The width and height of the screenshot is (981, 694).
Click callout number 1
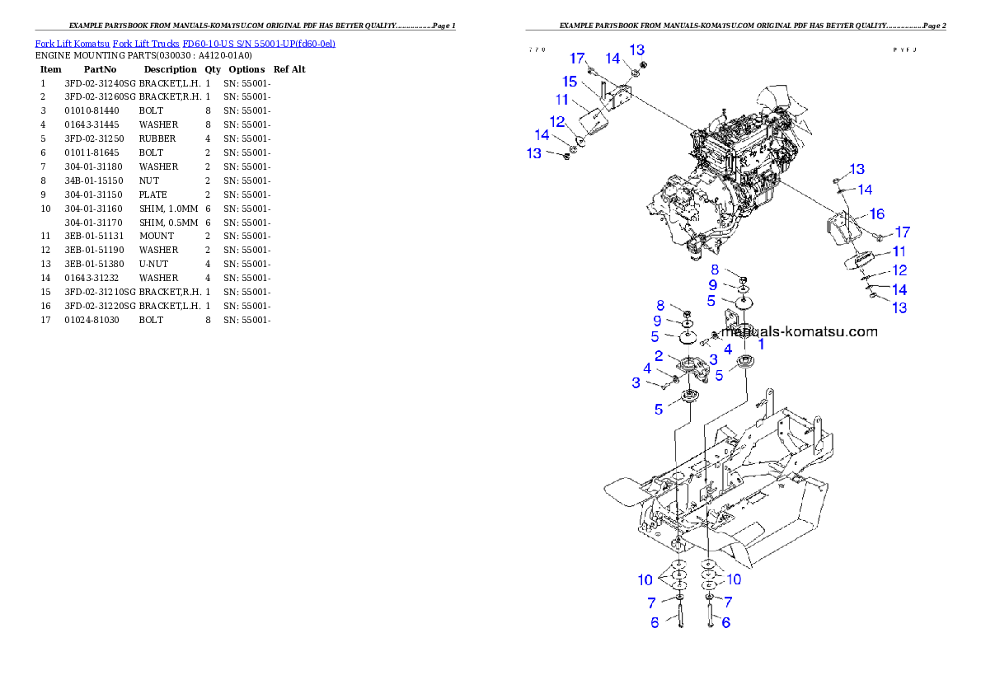pyautogui.click(x=761, y=345)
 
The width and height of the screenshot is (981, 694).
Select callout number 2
pyautogui.click(x=659, y=356)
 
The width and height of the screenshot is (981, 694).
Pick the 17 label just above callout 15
pyautogui.click(x=577, y=59)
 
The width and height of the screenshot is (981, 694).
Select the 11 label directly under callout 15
pyautogui.click(x=562, y=100)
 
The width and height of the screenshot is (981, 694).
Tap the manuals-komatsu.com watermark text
pyautogui.click(x=798, y=332)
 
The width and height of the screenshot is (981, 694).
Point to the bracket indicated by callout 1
pyautogui.click(x=733, y=321)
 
